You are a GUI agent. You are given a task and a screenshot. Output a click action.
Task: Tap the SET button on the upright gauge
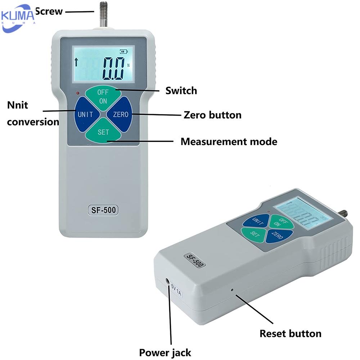point(103,132)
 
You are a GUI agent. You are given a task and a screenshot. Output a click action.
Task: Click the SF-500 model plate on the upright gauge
point(103,210)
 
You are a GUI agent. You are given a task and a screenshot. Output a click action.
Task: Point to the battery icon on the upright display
point(124,52)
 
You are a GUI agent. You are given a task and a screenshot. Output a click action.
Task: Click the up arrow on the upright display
point(76,62)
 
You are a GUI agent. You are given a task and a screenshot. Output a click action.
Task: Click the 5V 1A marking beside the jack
point(176,291)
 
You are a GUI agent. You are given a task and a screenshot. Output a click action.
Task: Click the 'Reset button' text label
point(290,333)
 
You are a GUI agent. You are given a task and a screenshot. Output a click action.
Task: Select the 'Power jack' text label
point(165,352)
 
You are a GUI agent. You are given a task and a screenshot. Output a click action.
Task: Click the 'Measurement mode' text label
point(229,141)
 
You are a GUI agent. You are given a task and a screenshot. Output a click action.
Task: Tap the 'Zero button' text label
point(212,115)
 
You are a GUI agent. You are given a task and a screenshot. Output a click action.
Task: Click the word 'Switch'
point(181,90)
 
